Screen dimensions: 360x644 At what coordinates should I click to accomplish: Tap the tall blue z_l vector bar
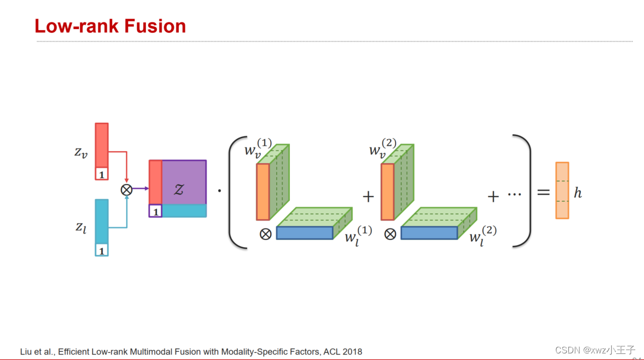(x=101, y=221)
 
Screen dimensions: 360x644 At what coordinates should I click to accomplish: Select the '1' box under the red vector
(x=101, y=174)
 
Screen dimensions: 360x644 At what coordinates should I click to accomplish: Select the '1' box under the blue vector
(x=101, y=250)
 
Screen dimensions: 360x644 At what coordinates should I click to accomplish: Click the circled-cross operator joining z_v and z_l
(x=127, y=189)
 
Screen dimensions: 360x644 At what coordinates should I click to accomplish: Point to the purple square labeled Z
(x=184, y=182)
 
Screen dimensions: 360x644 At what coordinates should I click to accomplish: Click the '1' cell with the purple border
(x=155, y=211)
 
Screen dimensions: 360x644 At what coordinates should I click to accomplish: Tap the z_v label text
(x=81, y=152)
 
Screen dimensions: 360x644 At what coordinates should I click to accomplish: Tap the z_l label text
(x=81, y=227)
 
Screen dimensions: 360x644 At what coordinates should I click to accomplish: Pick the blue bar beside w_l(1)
(x=304, y=233)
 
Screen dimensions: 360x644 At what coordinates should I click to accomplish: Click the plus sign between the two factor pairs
(x=368, y=196)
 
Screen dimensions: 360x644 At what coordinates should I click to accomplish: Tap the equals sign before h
(x=543, y=192)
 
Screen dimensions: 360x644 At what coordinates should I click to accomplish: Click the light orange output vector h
(x=562, y=191)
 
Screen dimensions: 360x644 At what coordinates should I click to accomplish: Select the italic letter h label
(x=578, y=192)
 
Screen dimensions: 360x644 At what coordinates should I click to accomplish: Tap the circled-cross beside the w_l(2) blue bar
(x=390, y=234)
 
